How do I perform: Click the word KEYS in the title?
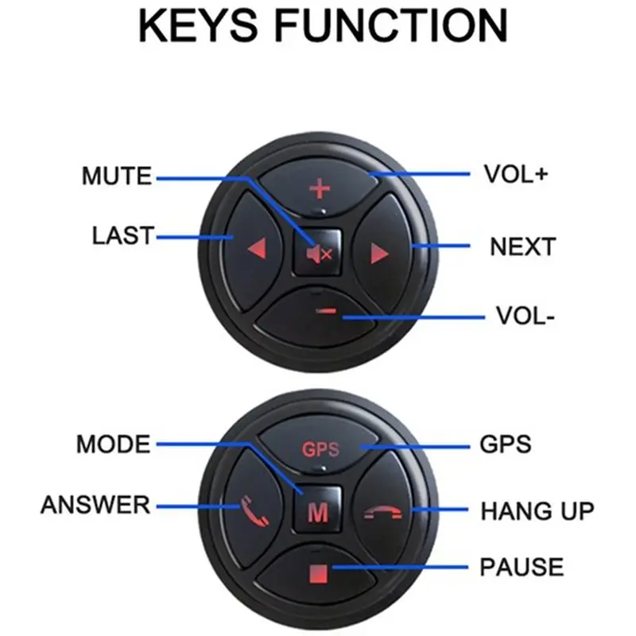pyautogui.click(x=198, y=25)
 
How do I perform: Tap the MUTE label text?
pyautogui.click(x=117, y=176)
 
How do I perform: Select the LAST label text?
pyautogui.click(x=123, y=235)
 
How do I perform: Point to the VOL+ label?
pyautogui.click(x=516, y=174)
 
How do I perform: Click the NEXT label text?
pyautogui.click(x=523, y=246)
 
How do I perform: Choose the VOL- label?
pyautogui.click(x=525, y=316)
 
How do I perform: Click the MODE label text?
pyautogui.click(x=114, y=444)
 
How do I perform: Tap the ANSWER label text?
pyautogui.click(x=95, y=505)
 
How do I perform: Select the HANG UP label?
pyautogui.click(x=537, y=510)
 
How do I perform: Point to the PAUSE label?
pyautogui.click(x=522, y=567)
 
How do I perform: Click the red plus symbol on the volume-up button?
pyautogui.click(x=320, y=189)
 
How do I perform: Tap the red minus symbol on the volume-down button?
pyautogui.click(x=327, y=311)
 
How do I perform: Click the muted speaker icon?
pyautogui.click(x=320, y=254)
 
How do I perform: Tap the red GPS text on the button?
pyautogui.click(x=320, y=449)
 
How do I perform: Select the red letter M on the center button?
pyautogui.click(x=318, y=513)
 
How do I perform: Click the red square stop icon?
pyautogui.click(x=318, y=574)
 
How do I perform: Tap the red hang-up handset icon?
pyautogui.click(x=382, y=513)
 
